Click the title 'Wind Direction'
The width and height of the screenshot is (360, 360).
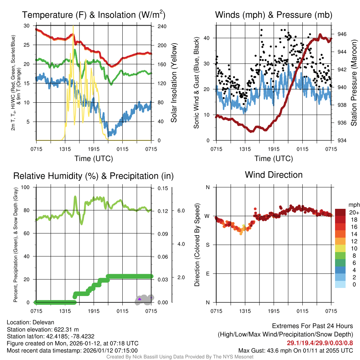click(x=274, y=175)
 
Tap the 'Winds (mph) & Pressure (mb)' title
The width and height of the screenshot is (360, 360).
click(x=274, y=15)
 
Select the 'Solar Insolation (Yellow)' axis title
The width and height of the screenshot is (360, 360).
click(x=174, y=83)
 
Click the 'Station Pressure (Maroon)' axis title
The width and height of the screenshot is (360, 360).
click(x=354, y=83)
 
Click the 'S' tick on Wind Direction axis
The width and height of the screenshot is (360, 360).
click(x=207, y=245)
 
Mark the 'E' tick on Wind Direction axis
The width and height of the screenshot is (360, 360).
click(x=207, y=274)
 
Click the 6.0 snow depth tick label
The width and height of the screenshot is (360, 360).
click(x=181, y=211)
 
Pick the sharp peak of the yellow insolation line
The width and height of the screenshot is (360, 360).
click(x=73, y=26)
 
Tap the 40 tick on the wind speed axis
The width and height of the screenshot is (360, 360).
click(x=207, y=38)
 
